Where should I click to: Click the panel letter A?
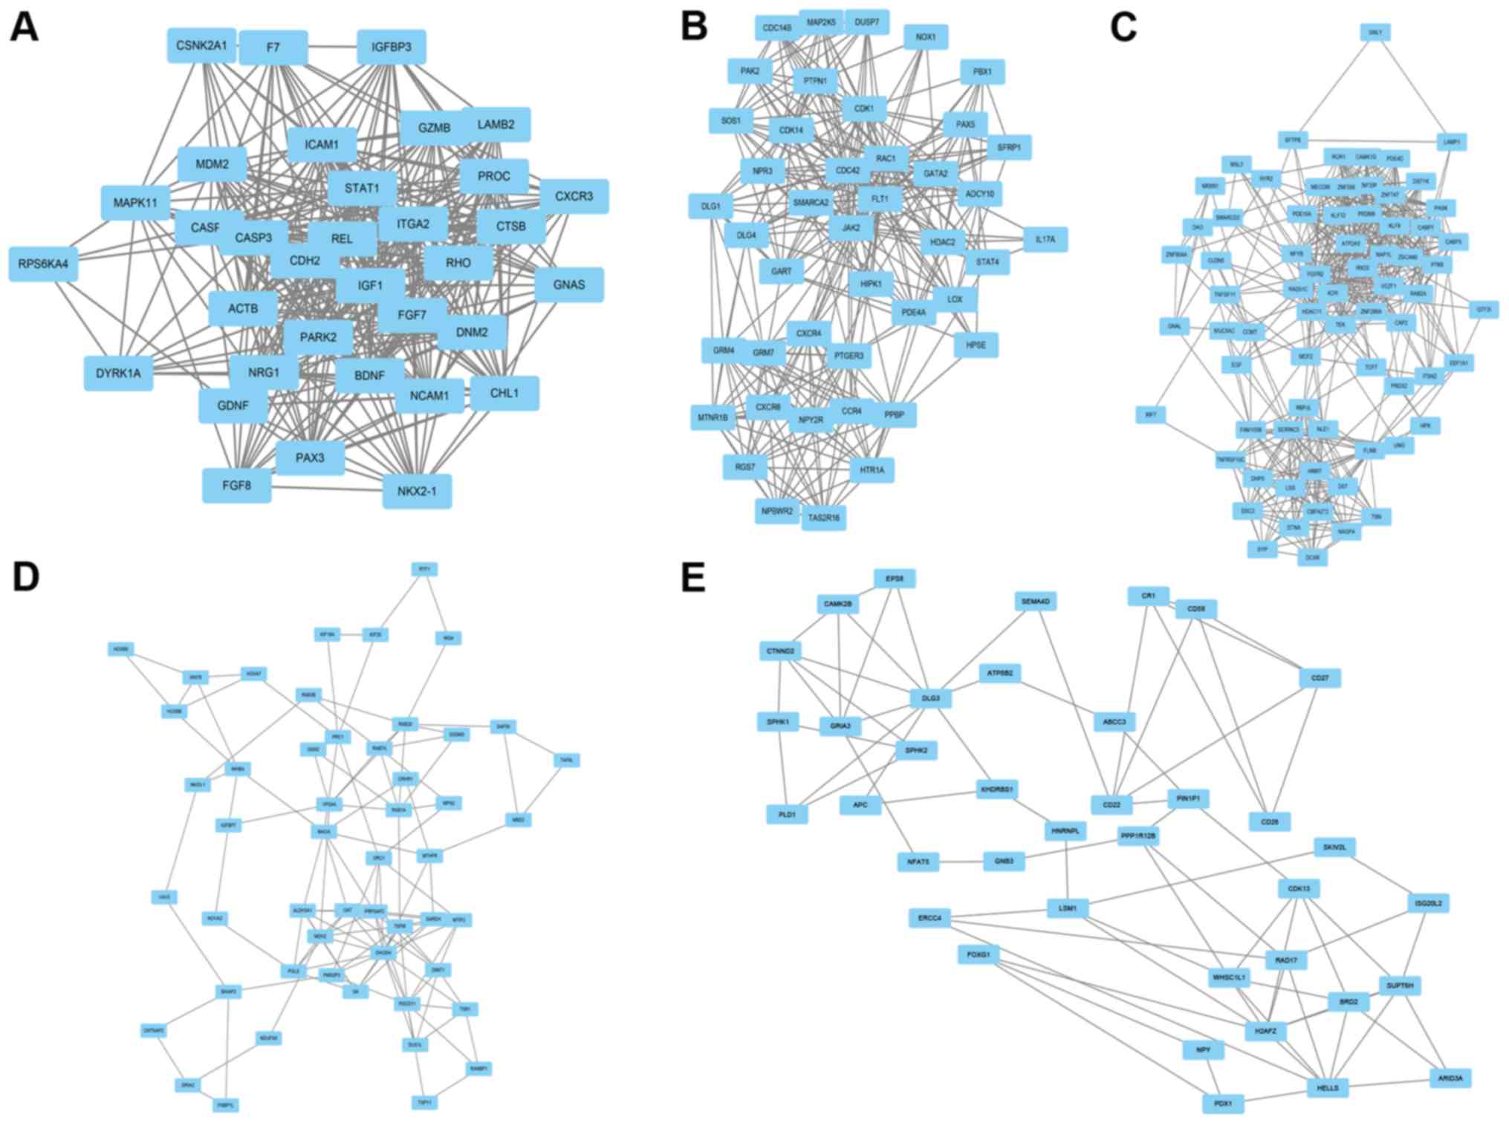pos(24,28)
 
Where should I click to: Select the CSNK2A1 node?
pos(201,45)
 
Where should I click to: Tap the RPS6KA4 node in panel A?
pos(43,264)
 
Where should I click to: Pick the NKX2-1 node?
pos(417,491)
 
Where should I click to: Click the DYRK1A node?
pos(118,373)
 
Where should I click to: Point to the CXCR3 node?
pos(574,196)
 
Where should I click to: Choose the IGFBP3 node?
pos(391,47)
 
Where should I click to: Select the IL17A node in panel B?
pos(1045,239)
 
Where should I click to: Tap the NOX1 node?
pos(926,36)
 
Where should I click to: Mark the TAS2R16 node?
pos(823,517)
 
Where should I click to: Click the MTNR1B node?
pos(713,417)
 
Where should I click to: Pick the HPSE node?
pos(976,345)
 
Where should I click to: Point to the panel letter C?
pos(1123,28)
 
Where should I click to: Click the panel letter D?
pos(25,577)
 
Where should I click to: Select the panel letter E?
pos(692,577)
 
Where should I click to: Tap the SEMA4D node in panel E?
pos(1035,601)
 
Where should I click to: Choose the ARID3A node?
pos(1450,1078)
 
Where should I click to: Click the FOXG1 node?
pos(979,954)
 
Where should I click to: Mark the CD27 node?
pos(1320,677)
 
